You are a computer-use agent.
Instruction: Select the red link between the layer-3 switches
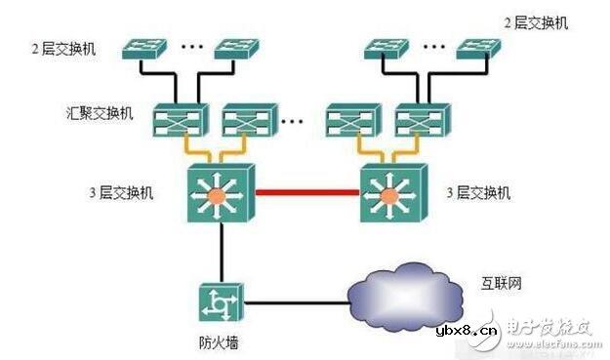click(307, 192)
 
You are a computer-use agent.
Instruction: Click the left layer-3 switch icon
click(221, 192)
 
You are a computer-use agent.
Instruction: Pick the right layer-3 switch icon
click(392, 192)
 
